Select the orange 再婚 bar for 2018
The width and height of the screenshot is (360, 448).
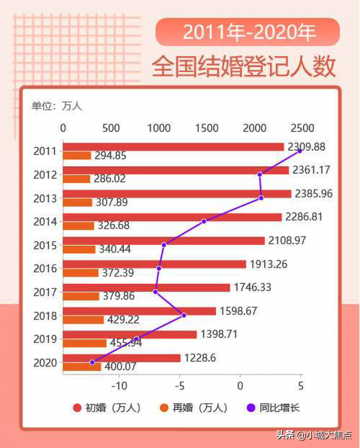pyautogui.click(x=83, y=320)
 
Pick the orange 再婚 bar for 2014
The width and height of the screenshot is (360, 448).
pyautogui.click(x=79, y=226)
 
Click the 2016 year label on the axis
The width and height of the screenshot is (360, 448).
pyautogui.click(x=45, y=268)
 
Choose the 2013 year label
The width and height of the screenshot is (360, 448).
pyautogui.click(x=45, y=198)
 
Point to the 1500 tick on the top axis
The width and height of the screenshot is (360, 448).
pyautogui.click(x=206, y=128)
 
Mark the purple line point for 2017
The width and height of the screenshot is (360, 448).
pyautogui.click(x=155, y=292)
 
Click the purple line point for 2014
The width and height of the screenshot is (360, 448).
pyautogui.click(x=204, y=222)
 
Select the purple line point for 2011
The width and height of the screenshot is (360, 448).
pyautogui.click(x=299, y=151)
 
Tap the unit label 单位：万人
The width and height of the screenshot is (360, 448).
pyautogui.click(x=56, y=106)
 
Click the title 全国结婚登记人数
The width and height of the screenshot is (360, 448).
pyautogui.click(x=244, y=66)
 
